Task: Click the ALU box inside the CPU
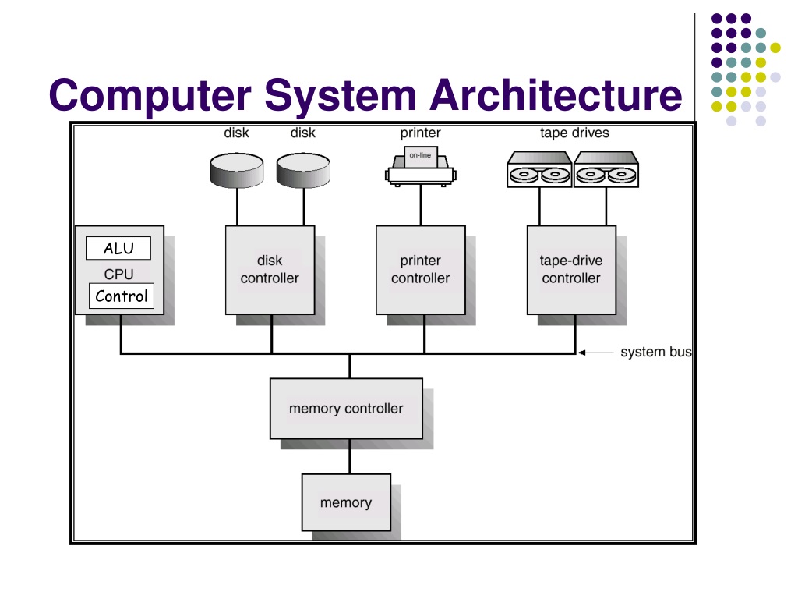coord(118,248)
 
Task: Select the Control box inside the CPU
coord(121,296)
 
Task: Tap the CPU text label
coord(118,274)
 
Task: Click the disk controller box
coord(270,270)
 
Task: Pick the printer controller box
coord(420,270)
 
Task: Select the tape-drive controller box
coord(571,270)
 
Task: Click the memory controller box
coord(346,409)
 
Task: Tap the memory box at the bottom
coord(346,503)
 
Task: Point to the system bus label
coord(656,352)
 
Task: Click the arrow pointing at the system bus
coord(596,353)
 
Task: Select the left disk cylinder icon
coord(237,170)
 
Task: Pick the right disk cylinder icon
coord(303,170)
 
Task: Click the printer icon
coord(420,166)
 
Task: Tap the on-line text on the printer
coord(420,155)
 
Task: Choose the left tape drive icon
coord(539,169)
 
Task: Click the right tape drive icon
coord(606,169)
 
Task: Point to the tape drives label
coord(574,133)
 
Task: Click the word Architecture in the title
coord(556,94)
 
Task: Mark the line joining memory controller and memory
coord(350,456)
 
